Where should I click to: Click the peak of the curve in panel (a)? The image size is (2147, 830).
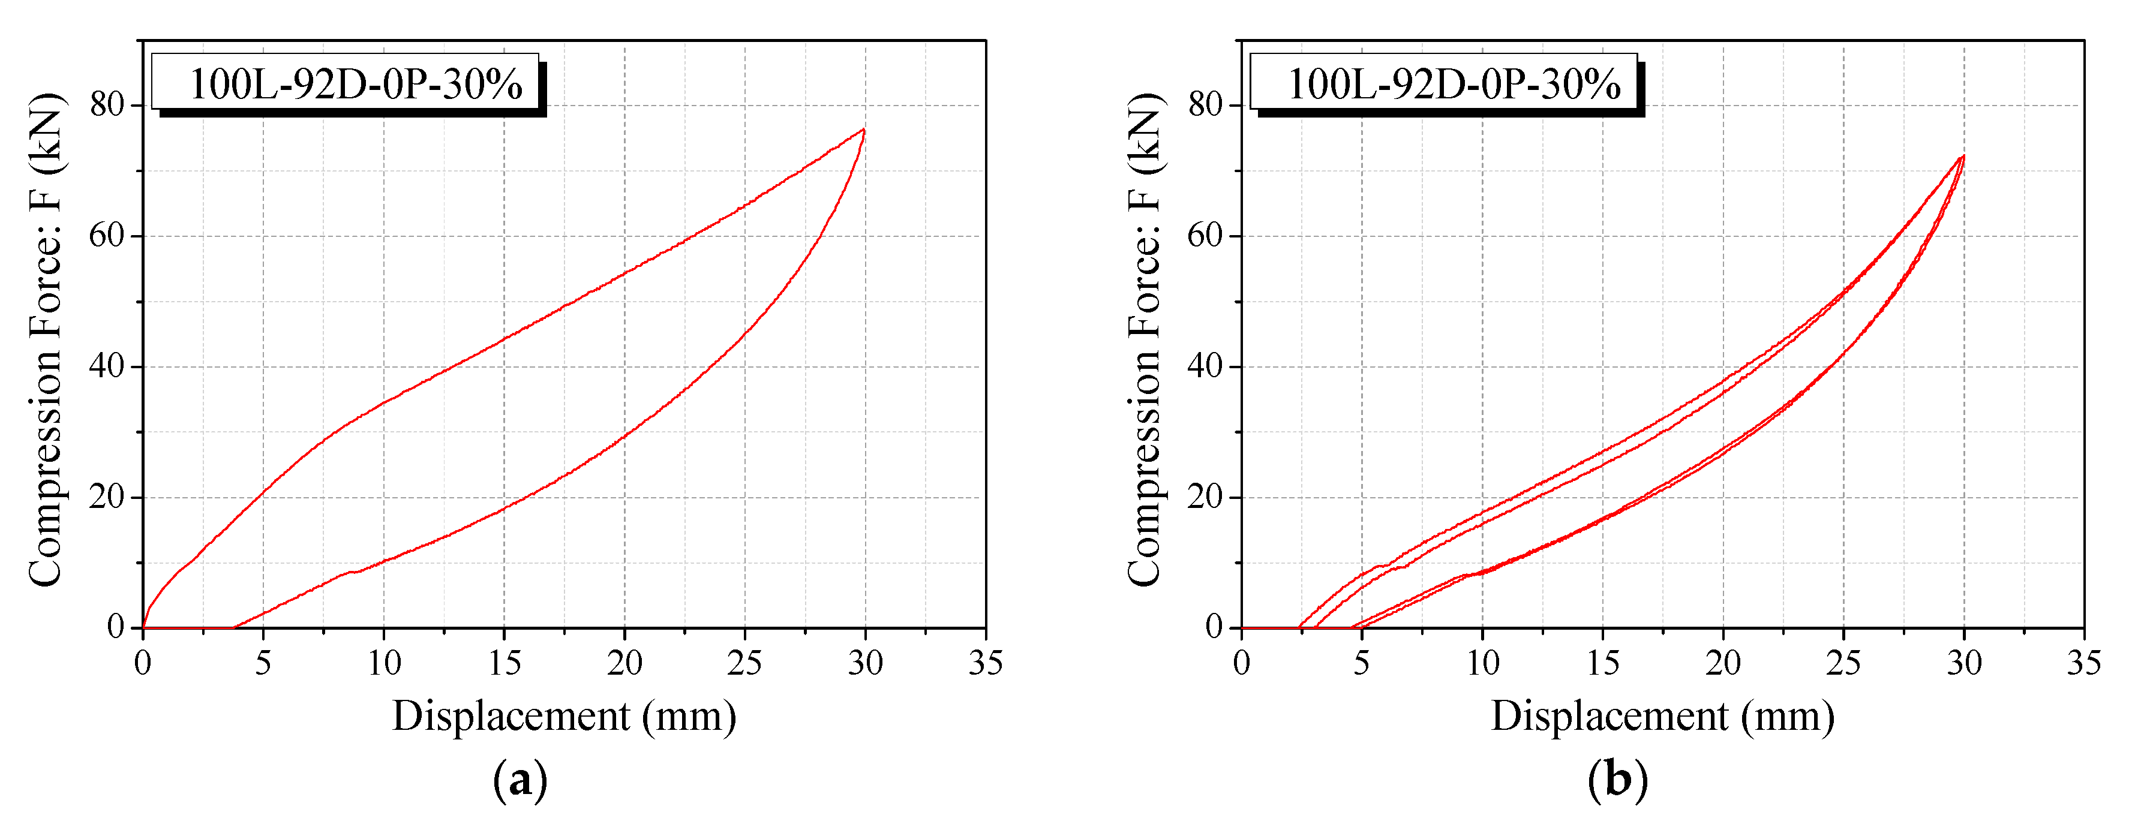(x=863, y=130)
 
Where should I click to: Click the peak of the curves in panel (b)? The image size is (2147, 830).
(x=1963, y=156)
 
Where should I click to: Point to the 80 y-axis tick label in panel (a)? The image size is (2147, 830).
(x=107, y=105)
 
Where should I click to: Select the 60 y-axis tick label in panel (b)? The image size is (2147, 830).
(x=1205, y=236)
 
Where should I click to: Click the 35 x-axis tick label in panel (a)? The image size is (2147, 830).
(x=985, y=663)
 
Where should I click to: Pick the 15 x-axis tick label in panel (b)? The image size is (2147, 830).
(x=1602, y=663)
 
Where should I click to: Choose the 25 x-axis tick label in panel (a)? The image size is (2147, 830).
(x=744, y=663)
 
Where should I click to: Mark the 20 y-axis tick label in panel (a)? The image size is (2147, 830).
(x=107, y=498)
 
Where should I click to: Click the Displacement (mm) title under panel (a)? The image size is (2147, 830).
(x=564, y=717)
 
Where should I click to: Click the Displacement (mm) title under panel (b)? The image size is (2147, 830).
(x=1663, y=717)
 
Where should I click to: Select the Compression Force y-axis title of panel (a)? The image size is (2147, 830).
(x=45, y=340)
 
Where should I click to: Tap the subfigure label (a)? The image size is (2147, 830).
(x=520, y=781)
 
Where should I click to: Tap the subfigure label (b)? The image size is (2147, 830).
(x=1618, y=781)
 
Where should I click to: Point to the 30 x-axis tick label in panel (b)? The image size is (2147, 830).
(x=1963, y=663)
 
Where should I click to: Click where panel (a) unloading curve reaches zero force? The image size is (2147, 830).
(x=233, y=627)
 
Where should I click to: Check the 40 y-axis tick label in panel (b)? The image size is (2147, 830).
(x=1205, y=366)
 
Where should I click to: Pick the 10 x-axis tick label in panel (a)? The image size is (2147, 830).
(x=383, y=663)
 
